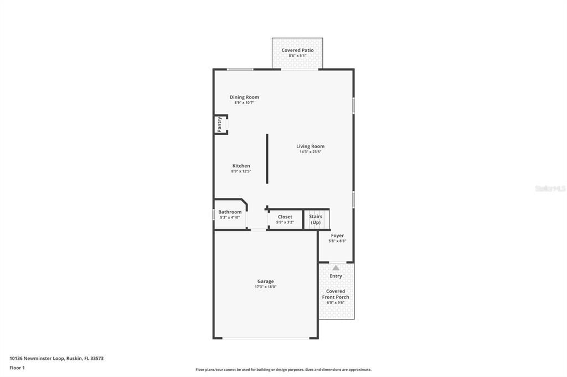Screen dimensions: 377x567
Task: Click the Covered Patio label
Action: (297, 50)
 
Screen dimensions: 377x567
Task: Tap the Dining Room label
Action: (244, 97)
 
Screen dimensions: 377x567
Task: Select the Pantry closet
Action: (220, 124)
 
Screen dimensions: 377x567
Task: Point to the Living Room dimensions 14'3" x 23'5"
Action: (310, 152)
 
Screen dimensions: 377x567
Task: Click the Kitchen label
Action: (241, 166)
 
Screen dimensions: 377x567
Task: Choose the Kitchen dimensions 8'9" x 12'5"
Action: (241, 171)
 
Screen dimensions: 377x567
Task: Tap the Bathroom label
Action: (230, 212)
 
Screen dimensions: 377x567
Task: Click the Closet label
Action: (285, 217)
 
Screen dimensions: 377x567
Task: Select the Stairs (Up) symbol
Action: (316, 219)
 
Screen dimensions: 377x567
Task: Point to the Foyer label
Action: (337, 235)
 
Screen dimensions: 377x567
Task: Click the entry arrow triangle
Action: (336, 268)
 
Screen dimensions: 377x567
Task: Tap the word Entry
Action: (336, 276)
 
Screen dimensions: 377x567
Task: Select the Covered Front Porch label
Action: (336, 294)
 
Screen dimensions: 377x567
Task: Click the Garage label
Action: (265, 281)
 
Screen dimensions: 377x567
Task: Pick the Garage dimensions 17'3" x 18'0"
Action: (265, 287)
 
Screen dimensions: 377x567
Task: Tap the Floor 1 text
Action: (17, 368)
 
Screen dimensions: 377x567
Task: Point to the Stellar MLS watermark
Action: (550, 188)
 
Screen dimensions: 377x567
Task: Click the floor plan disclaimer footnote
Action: (283, 370)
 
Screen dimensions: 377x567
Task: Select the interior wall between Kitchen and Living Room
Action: (267, 158)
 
